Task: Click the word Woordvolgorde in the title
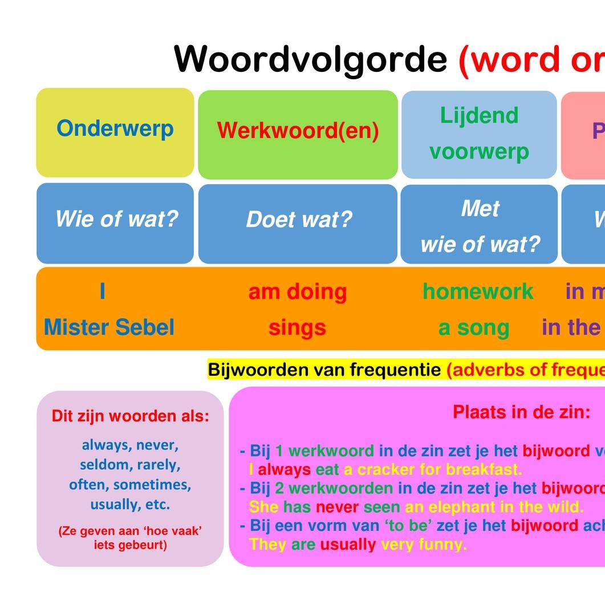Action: (310, 59)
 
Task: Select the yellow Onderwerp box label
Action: (115, 128)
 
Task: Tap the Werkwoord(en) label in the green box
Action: (298, 131)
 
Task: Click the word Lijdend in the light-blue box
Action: (479, 115)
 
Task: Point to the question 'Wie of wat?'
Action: (116, 218)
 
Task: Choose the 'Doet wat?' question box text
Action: (299, 220)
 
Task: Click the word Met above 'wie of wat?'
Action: (480, 209)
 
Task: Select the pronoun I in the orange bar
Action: (103, 291)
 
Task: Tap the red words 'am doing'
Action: (297, 292)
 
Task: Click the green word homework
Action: (478, 292)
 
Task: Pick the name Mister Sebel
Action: (109, 327)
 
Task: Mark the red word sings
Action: (297, 328)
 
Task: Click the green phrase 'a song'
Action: (473, 328)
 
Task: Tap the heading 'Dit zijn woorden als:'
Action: (130, 416)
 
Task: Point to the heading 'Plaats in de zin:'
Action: (521, 412)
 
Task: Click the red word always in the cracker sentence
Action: (284, 470)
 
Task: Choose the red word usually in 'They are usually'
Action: (348, 545)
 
